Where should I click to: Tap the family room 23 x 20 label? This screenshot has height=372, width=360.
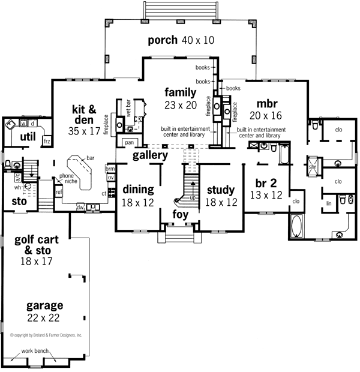(x=181, y=98)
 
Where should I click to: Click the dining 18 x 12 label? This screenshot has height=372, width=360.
(x=138, y=196)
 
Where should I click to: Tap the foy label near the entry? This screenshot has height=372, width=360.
(x=181, y=214)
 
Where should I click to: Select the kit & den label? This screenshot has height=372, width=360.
(x=84, y=116)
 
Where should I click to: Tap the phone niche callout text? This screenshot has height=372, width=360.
(x=67, y=179)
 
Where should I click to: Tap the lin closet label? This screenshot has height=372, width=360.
(x=329, y=203)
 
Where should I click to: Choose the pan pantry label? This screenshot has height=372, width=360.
(x=129, y=143)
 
